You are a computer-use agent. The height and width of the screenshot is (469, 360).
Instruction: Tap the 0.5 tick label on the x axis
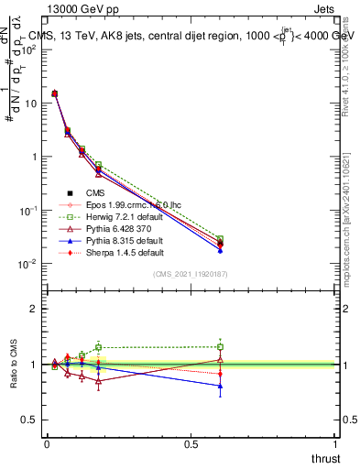pos(191,443)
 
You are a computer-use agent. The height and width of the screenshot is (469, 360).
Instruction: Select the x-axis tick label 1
pos(334,443)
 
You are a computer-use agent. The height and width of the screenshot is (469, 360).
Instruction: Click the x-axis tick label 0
pos(47,443)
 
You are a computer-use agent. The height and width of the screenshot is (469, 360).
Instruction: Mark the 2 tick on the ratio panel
pos(34,310)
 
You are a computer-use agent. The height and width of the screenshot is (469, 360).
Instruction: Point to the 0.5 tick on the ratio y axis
pos(29,420)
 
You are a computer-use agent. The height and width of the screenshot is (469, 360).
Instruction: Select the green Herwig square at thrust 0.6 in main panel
pos(220,239)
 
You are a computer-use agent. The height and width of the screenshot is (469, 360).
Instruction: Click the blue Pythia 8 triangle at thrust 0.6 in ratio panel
pos(220,387)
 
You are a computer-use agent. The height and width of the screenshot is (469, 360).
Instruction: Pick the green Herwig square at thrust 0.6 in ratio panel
pos(220,346)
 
